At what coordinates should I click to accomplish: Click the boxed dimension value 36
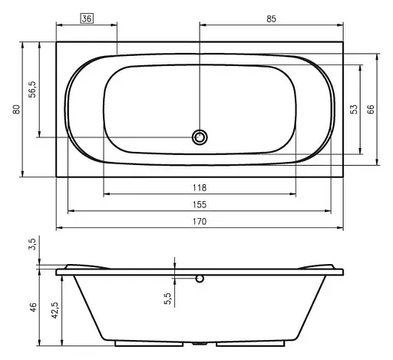87,19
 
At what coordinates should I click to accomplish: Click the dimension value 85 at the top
271,19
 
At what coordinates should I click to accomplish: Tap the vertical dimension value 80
16,110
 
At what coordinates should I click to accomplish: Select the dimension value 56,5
33,89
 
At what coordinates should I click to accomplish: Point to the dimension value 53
354,110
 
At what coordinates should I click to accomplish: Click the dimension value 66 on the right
371,110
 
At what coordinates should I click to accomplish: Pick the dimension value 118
200,188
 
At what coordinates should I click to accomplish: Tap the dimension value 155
200,205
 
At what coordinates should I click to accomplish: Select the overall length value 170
200,221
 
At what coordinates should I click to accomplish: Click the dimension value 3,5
33,243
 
